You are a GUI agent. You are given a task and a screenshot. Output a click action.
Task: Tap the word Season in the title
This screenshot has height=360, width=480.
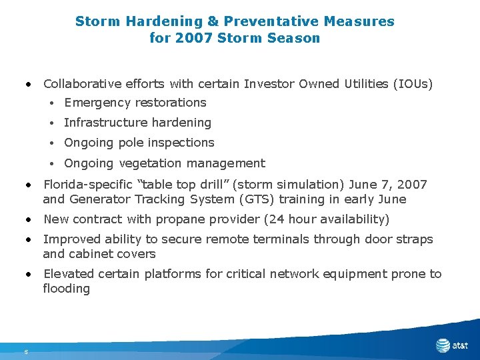point(293,38)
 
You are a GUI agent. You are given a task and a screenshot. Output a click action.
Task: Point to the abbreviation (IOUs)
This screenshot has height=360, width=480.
point(413,84)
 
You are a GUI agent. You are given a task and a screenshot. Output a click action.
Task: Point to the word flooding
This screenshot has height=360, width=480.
point(66,289)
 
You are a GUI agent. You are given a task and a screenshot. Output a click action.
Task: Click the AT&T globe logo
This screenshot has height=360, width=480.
point(443,345)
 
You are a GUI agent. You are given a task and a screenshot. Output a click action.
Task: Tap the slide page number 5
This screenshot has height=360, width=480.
point(25,352)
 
